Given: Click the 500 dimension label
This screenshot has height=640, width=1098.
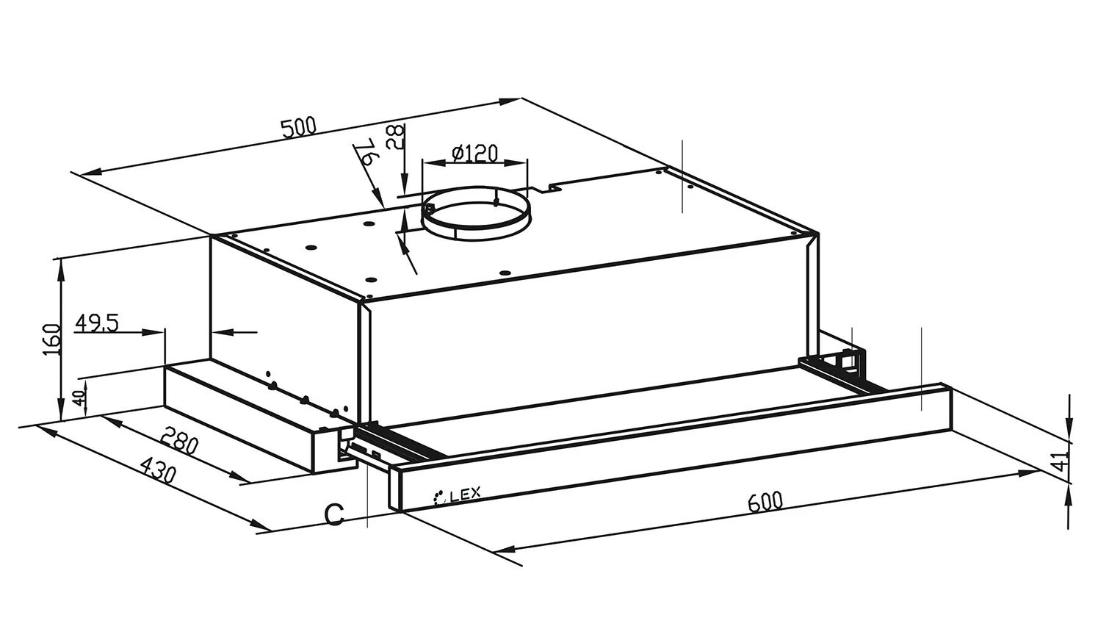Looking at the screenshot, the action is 299,128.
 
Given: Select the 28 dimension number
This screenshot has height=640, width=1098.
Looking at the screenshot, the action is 395,137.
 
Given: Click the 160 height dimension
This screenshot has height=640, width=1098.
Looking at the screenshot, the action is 52,339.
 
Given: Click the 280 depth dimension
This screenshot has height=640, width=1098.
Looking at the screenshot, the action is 179,440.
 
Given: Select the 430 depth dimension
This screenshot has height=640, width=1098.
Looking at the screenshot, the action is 158,470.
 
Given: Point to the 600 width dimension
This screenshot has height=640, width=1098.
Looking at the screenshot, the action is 765,501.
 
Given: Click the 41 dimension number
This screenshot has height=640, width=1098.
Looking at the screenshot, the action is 1062,461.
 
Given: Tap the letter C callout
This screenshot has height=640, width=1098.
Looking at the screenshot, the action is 334,514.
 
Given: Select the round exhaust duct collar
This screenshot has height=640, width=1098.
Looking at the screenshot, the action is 476,214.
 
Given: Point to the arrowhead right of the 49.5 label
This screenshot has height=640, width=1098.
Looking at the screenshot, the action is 153,332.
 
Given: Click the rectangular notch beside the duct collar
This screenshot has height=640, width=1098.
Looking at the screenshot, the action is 544,189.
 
